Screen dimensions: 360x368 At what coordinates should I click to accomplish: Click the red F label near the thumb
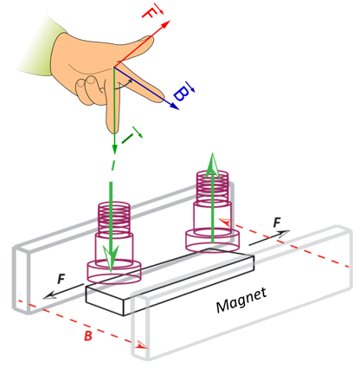[x=149, y=13]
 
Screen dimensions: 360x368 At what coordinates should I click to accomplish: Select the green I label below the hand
[x=127, y=139]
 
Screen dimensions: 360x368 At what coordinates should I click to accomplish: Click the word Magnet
[x=241, y=300]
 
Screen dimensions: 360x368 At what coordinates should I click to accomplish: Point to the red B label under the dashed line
[x=88, y=336]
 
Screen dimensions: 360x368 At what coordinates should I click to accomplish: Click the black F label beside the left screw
[x=61, y=280]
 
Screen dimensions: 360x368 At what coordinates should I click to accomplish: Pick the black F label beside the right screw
[x=277, y=223]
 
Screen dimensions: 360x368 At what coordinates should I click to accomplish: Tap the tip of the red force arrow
[x=170, y=20]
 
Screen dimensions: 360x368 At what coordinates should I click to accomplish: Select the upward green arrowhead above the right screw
[x=212, y=165]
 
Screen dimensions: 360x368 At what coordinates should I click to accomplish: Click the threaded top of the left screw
[x=114, y=218]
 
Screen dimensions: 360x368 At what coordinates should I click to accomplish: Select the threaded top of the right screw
[x=212, y=187]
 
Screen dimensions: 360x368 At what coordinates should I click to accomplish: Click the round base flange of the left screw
[x=114, y=271]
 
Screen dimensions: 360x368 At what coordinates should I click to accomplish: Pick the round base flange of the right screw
[x=212, y=240]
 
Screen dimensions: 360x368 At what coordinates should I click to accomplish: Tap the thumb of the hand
[x=135, y=48]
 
